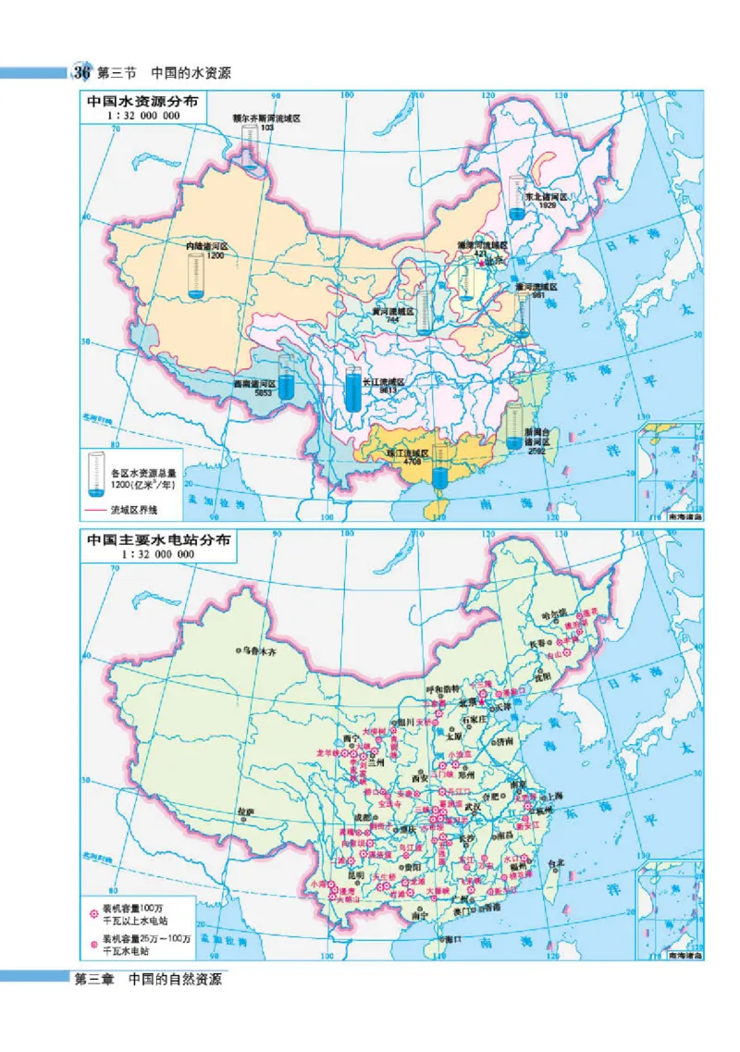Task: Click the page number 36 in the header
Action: pyautogui.click(x=81, y=73)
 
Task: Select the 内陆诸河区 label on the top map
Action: pyautogui.click(x=206, y=247)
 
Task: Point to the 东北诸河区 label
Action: pyautogui.click(x=545, y=197)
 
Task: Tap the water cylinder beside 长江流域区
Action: pyautogui.click(x=351, y=390)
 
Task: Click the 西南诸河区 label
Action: pyautogui.click(x=254, y=382)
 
